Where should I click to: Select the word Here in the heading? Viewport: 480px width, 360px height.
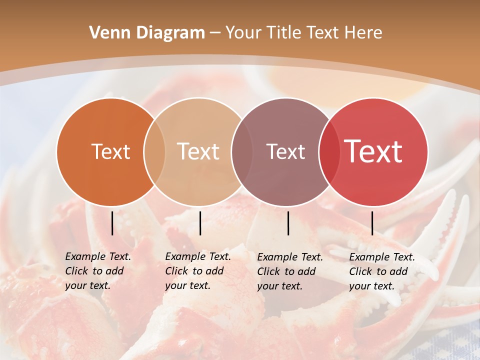point(363,33)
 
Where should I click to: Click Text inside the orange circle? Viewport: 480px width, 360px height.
point(110,151)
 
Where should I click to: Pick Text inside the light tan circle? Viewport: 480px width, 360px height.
point(198,151)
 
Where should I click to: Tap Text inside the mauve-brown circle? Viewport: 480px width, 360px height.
point(285,151)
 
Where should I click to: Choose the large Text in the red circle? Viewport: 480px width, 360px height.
point(373,151)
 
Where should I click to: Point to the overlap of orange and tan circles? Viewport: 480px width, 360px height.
point(154,152)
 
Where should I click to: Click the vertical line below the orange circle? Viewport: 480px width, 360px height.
point(112,223)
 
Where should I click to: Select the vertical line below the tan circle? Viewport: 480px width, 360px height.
point(200,223)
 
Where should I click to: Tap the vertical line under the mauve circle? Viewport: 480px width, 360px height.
point(288,223)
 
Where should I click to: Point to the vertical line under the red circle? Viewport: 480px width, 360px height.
point(372,223)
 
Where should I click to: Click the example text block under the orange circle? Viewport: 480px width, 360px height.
point(97,271)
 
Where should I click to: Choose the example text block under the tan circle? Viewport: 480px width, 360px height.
point(197,271)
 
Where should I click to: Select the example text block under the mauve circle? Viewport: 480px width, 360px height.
point(289,271)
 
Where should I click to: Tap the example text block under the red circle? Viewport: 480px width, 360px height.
point(381,271)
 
